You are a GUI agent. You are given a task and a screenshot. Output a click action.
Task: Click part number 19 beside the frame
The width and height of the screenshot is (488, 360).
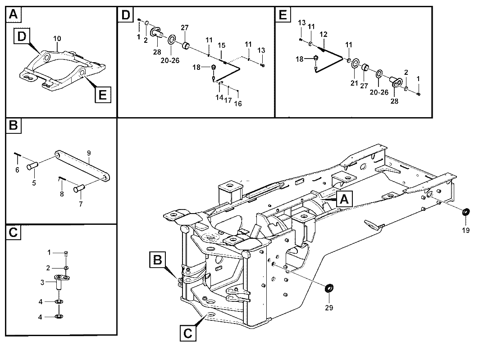(465, 230)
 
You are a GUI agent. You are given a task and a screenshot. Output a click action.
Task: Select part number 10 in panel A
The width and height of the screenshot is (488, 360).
(57, 39)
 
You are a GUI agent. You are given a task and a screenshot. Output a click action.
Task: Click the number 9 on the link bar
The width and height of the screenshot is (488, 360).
(89, 153)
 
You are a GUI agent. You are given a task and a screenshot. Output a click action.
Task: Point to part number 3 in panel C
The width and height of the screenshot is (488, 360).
(42, 283)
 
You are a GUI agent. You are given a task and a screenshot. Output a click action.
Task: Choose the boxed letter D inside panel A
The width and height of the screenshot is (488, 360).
(22, 36)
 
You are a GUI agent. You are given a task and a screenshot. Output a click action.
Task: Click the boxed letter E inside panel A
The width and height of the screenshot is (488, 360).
(102, 94)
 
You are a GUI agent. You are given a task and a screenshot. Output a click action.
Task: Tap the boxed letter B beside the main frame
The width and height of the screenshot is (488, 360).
(157, 260)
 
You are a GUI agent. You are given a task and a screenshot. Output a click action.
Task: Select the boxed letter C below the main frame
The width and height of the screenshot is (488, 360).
(187, 333)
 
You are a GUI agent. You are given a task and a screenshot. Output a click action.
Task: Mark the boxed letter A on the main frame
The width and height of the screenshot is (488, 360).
(344, 199)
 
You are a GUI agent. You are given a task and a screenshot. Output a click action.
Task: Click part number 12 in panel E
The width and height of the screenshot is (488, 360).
(324, 34)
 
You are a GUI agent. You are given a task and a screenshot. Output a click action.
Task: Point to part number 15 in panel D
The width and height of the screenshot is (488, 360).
(221, 46)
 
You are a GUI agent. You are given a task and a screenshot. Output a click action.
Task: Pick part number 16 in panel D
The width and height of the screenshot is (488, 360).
(238, 104)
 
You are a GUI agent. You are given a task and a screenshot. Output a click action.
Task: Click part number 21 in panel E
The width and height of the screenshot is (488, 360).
(354, 83)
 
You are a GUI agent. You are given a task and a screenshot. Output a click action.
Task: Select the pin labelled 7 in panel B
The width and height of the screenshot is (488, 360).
(79, 188)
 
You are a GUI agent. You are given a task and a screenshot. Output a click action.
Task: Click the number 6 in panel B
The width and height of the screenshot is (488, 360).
(17, 170)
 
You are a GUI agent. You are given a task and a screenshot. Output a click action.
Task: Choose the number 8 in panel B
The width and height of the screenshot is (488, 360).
(62, 194)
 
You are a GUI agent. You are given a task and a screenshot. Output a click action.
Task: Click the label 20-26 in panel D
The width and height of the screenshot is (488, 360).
(170, 60)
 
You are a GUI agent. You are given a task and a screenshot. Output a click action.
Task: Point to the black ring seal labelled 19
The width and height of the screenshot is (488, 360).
(466, 212)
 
